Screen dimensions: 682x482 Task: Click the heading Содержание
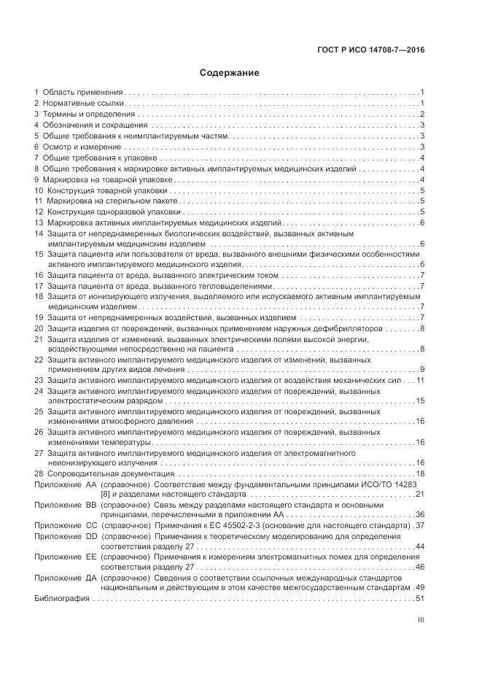(x=230, y=73)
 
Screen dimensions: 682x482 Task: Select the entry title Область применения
(x=83, y=93)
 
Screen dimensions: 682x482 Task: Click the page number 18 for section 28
(x=420, y=474)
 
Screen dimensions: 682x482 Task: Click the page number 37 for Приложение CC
(x=419, y=525)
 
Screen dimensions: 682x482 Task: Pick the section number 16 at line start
(x=39, y=275)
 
